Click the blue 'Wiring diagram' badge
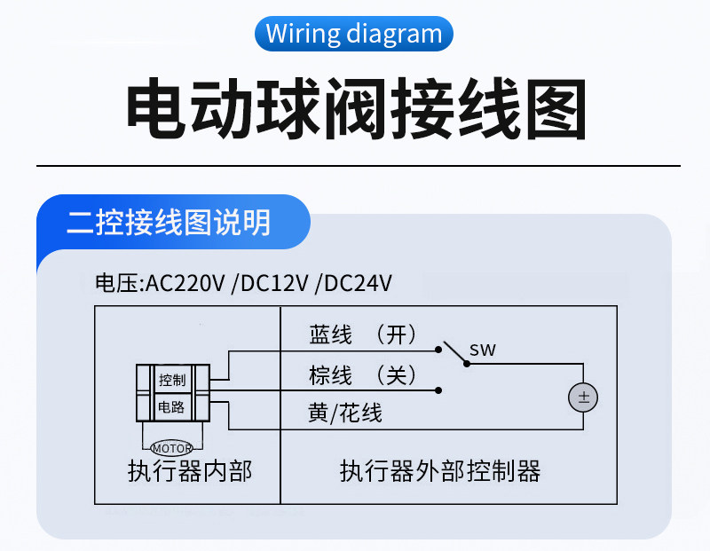click(353, 34)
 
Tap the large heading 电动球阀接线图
click(357, 108)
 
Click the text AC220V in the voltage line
click(185, 284)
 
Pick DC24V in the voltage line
click(358, 284)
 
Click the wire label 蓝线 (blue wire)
click(330, 335)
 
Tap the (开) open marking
click(396, 335)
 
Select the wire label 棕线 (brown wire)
click(330, 375)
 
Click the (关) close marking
click(396, 375)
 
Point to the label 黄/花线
click(345, 413)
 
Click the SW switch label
click(483, 350)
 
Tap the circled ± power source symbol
click(583, 398)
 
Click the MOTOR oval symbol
click(171, 448)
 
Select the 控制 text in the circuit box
click(172, 380)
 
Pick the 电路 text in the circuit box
click(171, 407)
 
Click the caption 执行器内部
click(190, 471)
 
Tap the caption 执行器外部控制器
click(440, 471)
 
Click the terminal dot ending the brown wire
click(438, 390)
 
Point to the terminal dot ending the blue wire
click(438, 350)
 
